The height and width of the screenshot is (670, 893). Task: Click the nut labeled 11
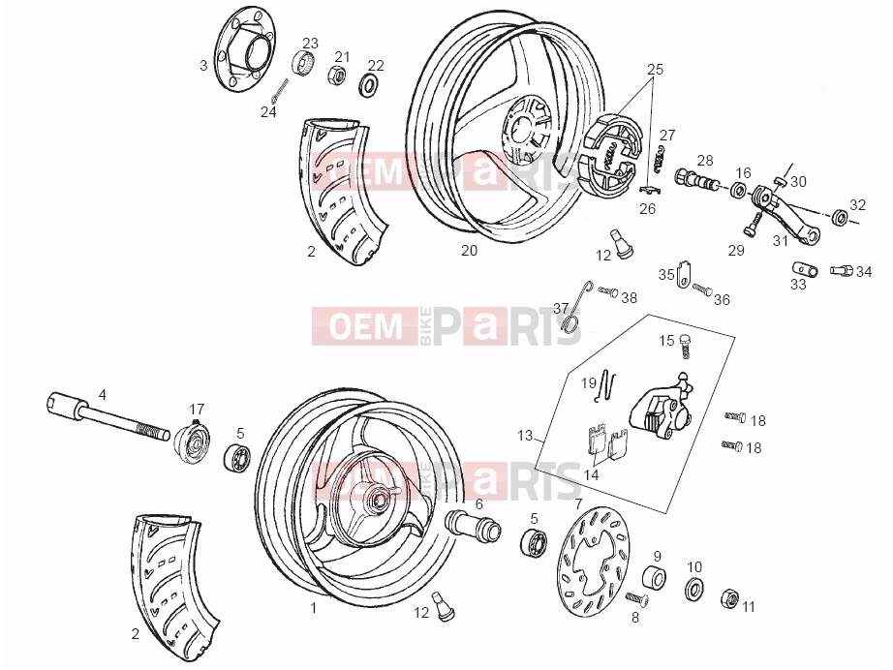coord(729,598)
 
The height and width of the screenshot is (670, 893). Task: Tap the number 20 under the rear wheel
coord(469,251)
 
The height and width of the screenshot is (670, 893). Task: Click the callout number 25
coord(655,70)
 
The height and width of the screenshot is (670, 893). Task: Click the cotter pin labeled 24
coord(280,91)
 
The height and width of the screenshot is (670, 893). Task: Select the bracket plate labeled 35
coord(684,273)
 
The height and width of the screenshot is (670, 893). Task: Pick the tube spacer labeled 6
coord(473,523)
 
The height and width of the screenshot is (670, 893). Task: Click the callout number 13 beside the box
coord(525,436)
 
